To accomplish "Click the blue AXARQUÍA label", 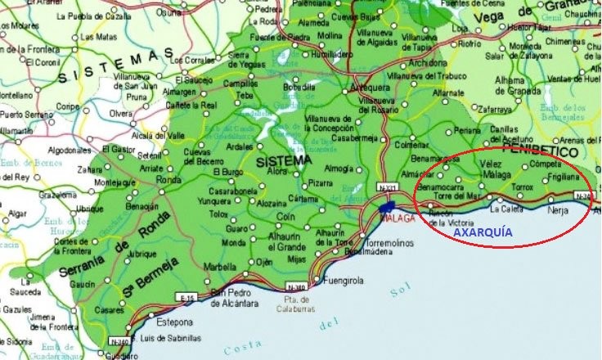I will pos(483,232).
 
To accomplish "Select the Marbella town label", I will pos(219,266).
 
